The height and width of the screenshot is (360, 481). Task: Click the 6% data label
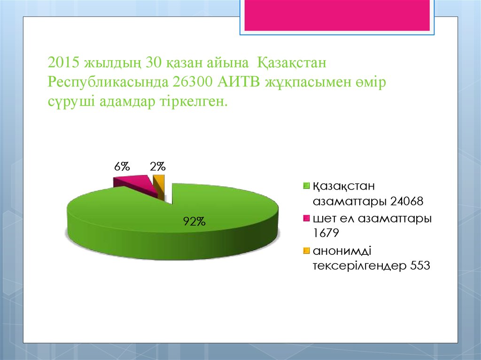tap(122, 167)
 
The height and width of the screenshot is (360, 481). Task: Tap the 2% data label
tap(157, 167)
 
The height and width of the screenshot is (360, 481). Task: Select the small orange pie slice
tap(160, 185)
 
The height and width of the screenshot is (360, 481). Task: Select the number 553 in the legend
tap(420, 266)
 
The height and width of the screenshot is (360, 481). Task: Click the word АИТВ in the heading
tap(239, 82)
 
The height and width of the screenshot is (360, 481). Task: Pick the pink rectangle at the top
tap(336, 15)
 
